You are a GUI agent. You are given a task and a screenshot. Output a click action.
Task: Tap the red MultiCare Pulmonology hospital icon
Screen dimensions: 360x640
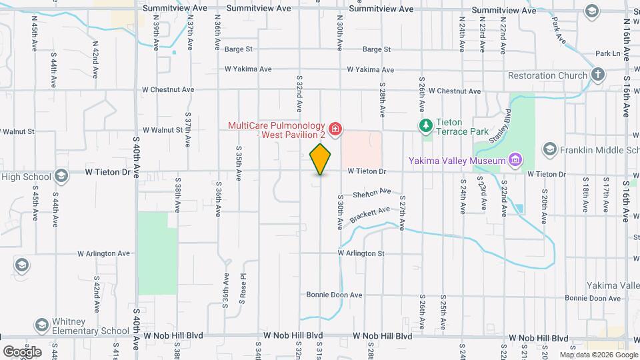[335, 128]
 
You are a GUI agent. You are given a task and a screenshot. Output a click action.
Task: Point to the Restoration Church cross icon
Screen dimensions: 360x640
[598, 75]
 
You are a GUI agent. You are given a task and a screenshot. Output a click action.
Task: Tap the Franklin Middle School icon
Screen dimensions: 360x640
[550, 148]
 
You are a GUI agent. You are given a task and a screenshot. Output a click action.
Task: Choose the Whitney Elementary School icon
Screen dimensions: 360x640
[41, 325]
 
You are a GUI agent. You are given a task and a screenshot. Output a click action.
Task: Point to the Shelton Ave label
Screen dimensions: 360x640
[372, 193]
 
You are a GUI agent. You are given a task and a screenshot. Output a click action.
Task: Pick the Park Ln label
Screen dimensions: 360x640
[607, 53]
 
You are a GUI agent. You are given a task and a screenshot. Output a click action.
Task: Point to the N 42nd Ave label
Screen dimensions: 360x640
[95, 51]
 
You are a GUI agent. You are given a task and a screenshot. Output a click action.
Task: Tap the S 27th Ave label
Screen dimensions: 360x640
[402, 213]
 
